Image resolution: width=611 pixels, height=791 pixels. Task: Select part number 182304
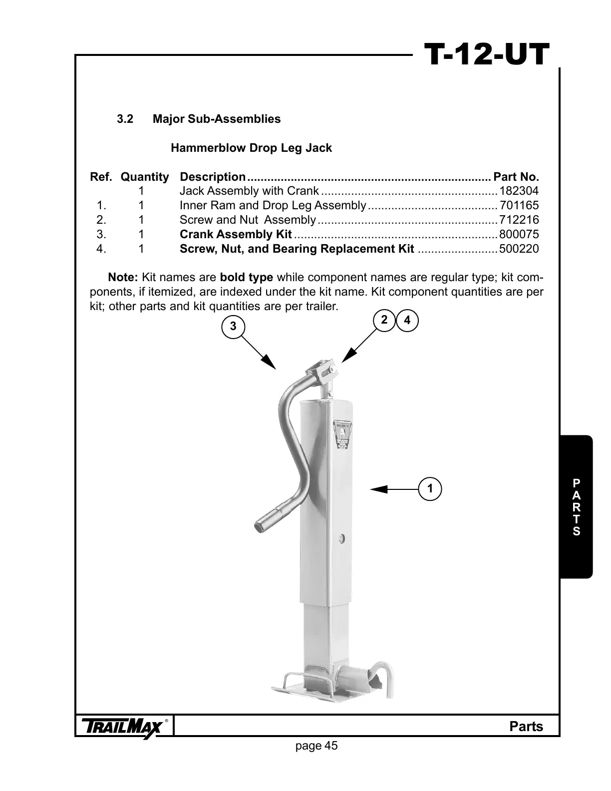(x=519, y=191)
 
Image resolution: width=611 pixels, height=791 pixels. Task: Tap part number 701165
(x=519, y=206)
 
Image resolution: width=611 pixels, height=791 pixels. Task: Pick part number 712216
(x=519, y=220)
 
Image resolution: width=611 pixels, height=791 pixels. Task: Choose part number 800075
(x=519, y=235)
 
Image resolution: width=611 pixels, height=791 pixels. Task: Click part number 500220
(x=519, y=249)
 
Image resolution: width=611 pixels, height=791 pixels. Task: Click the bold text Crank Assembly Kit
(x=236, y=235)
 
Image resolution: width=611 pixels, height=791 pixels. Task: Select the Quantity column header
(x=145, y=177)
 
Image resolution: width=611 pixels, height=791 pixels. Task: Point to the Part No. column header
(x=516, y=177)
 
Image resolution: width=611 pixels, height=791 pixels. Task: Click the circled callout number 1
(x=430, y=488)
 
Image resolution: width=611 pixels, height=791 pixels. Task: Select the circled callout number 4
(x=407, y=321)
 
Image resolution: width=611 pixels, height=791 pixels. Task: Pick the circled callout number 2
(x=384, y=320)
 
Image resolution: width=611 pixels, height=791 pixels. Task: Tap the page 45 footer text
(x=316, y=746)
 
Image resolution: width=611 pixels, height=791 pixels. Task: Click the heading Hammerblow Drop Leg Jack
(x=251, y=148)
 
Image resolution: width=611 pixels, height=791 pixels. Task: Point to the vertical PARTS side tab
(x=576, y=507)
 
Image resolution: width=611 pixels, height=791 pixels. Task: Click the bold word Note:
(x=123, y=278)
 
